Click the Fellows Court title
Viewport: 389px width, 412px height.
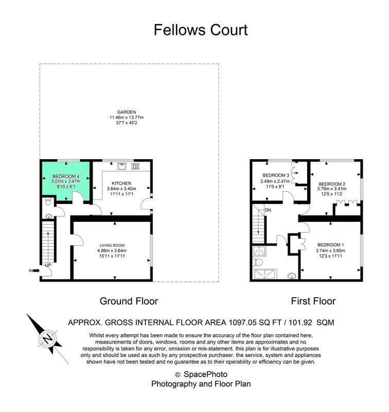point(201,30)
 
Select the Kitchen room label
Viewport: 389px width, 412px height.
point(121,183)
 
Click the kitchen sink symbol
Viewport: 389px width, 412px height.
point(122,166)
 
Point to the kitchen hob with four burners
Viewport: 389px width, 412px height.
point(135,166)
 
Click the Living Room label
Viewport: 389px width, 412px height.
point(112,245)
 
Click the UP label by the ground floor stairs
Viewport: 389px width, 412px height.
point(48,265)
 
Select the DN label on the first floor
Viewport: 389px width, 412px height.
point(268,210)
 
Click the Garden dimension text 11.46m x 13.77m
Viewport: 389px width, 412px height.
point(127,117)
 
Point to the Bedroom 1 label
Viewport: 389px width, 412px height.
point(330,245)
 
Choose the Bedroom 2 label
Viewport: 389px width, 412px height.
point(332,184)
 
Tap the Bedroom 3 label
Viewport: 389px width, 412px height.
point(276,175)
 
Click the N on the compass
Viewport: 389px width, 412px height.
point(48,338)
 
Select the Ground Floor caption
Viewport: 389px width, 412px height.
point(129,301)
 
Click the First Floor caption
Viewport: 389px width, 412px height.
point(313,301)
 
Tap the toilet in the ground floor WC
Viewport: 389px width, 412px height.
point(48,202)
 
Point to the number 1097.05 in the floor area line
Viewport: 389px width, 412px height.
point(242,322)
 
